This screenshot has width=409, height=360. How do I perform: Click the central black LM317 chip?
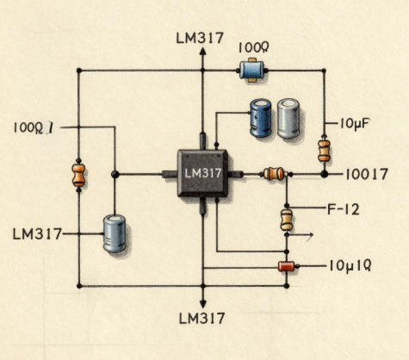click(203, 174)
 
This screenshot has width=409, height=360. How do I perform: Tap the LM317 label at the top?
click(199, 38)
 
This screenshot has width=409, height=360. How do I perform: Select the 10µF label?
click(355, 124)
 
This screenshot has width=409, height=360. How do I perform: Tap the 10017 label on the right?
click(366, 174)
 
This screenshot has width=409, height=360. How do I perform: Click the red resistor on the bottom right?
click(286, 266)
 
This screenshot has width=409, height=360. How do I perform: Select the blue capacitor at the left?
click(115, 233)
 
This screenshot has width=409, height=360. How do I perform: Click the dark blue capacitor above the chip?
click(260, 119)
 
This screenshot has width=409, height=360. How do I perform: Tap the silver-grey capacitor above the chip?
click(288, 119)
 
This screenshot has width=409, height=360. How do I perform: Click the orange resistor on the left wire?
click(78, 175)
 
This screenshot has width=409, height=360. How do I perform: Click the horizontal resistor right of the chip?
click(274, 174)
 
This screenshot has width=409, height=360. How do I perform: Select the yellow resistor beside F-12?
click(287, 219)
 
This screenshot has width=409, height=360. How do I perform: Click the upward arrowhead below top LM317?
click(203, 53)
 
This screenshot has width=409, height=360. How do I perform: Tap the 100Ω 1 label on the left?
click(34, 128)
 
